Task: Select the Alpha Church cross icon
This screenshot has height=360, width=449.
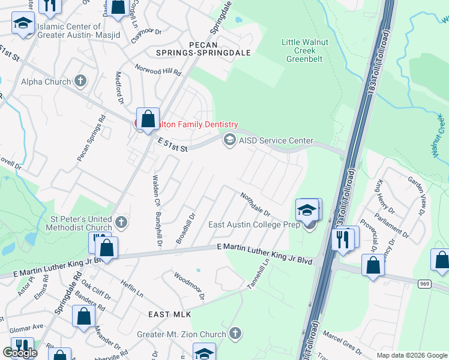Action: [x=80, y=82]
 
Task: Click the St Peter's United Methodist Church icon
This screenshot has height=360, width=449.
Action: [x=121, y=223]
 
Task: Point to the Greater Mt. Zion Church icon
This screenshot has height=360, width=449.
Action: [x=235, y=334]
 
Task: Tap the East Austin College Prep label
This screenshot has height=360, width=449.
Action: [x=255, y=224]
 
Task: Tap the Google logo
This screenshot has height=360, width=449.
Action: [x=20, y=353]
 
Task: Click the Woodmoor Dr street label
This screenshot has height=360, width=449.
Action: [x=189, y=286]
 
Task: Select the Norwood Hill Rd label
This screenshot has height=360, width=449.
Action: [x=158, y=70]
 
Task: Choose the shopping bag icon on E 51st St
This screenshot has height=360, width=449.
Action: [x=148, y=118]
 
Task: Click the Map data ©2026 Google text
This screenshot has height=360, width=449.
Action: [x=411, y=355]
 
